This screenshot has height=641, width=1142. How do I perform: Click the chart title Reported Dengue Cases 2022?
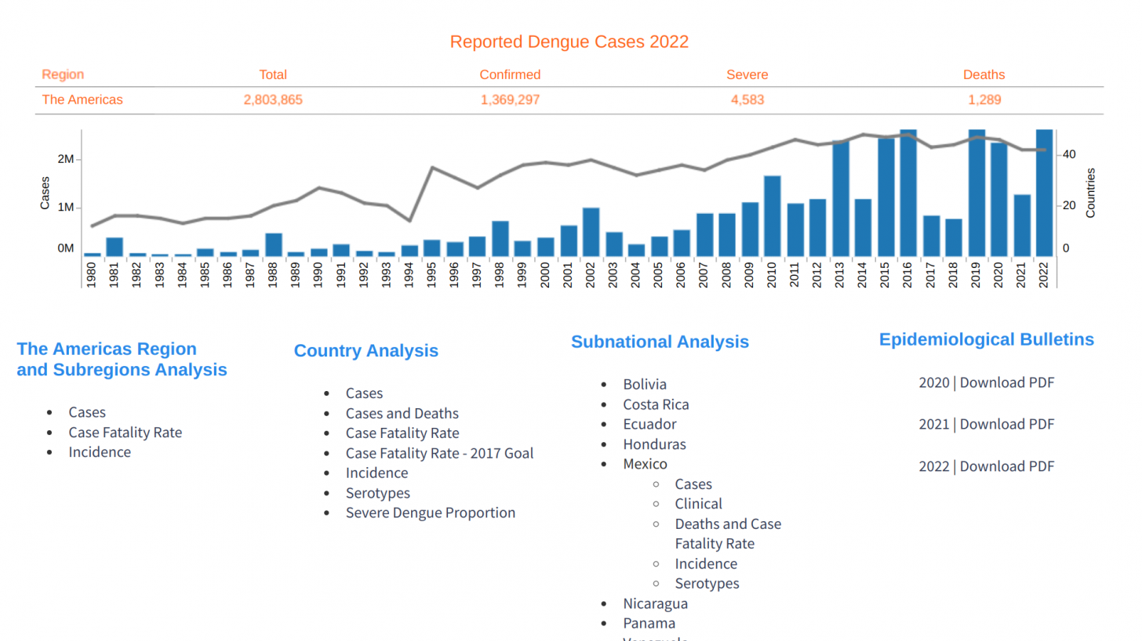tap(569, 42)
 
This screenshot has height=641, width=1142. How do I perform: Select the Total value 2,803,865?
tap(273, 100)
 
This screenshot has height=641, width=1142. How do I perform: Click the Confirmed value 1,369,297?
tap(510, 100)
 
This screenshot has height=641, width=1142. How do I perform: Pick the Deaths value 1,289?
tap(984, 100)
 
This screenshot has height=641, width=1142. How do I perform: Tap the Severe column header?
tap(747, 74)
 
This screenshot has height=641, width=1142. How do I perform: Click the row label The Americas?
tap(82, 100)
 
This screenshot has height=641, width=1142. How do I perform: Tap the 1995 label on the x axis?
tap(432, 273)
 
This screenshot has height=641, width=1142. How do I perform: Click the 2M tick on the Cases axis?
tap(66, 159)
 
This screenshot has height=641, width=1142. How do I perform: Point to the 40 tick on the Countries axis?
tap(1068, 154)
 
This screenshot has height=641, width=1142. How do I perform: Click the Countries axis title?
tap(1090, 192)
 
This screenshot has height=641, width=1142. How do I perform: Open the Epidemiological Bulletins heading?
tap(986, 339)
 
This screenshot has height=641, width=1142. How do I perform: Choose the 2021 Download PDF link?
tap(1006, 424)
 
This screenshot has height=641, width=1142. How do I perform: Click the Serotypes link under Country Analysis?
tap(377, 493)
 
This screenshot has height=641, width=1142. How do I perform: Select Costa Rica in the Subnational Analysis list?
tap(656, 404)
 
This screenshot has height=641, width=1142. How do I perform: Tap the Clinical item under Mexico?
tap(698, 504)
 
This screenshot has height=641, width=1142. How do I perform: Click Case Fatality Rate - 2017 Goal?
tap(439, 453)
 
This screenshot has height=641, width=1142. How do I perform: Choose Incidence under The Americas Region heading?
tap(100, 452)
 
